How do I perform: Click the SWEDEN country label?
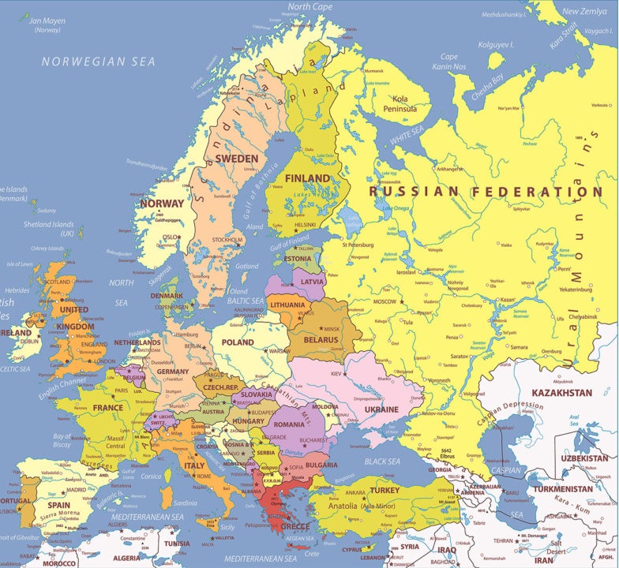point(237,159)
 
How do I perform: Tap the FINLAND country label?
point(307,178)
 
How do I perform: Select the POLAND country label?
point(237,342)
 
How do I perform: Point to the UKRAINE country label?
point(381,409)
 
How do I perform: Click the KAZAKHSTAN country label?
point(561,393)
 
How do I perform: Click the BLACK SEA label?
point(382,461)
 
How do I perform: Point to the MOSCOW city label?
point(385,301)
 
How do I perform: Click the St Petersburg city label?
point(357,245)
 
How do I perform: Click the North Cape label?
point(309,6)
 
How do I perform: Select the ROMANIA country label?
point(289,425)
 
